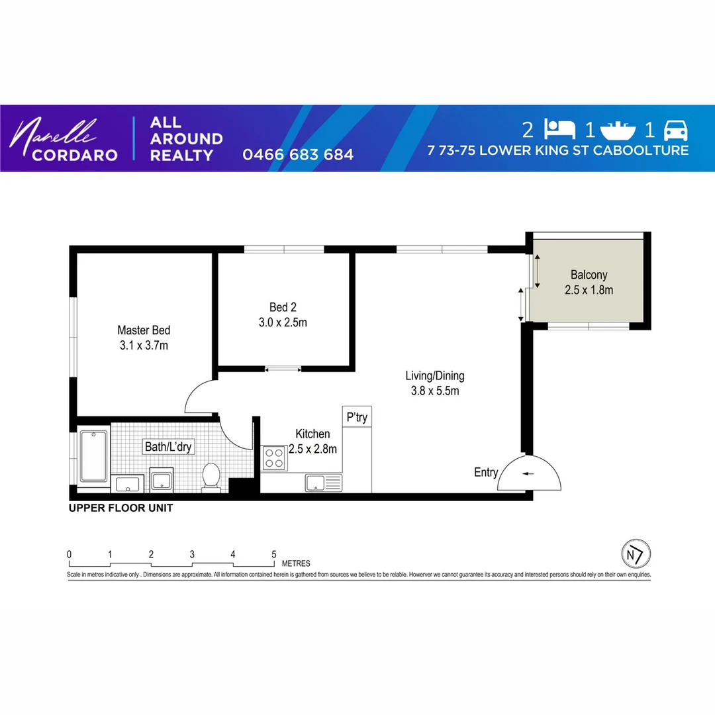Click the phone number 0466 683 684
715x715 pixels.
298,155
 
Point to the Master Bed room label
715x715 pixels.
144,337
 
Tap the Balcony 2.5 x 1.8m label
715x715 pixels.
589,282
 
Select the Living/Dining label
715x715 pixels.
435,383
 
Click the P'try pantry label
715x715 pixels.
357,418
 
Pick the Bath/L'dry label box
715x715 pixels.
168,447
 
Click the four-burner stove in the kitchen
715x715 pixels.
274,457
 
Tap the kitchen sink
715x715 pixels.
322,483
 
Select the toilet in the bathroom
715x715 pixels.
211,476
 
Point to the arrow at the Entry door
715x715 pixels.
527,473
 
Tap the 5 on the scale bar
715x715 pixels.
273,554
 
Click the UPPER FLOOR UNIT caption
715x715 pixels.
121,508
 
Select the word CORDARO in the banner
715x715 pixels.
66,155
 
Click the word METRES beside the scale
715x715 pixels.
296,563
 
